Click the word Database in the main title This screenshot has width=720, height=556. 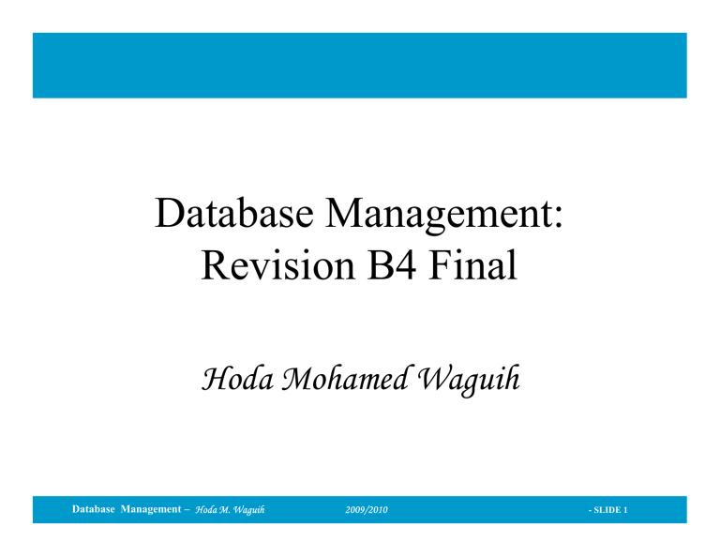234,213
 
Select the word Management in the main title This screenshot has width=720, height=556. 439,216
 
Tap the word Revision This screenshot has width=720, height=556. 278,265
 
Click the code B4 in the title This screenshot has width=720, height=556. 391,265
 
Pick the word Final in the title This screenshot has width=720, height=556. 472,264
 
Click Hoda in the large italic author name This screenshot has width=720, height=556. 237,379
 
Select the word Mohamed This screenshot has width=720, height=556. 344,378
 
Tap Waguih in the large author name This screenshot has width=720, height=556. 469,380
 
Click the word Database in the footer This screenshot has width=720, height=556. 93,509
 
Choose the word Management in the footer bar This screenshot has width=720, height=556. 151,509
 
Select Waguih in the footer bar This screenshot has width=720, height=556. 248,510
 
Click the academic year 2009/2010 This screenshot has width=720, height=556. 367,510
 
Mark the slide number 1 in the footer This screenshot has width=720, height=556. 625,510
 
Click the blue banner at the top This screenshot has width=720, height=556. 360,66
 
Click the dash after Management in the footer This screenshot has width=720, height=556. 187,510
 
